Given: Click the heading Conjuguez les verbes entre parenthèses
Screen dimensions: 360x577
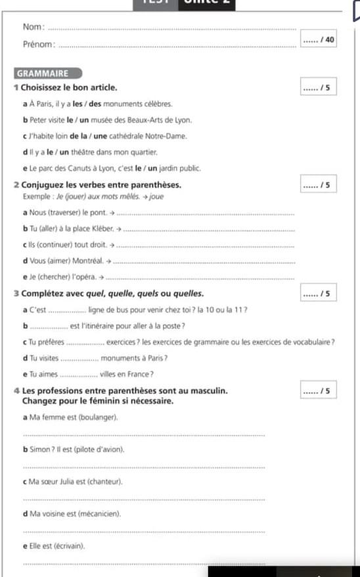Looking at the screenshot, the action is coord(102,185).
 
